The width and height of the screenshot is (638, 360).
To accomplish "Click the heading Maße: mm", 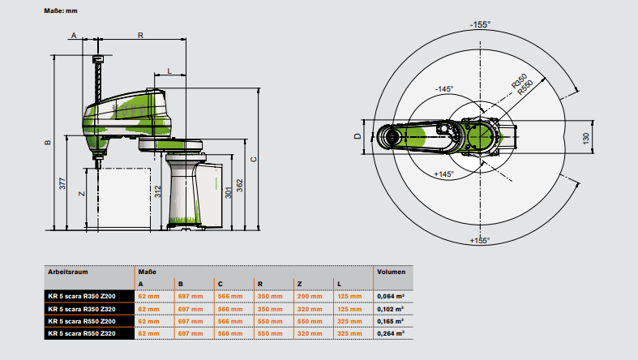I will (60, 11).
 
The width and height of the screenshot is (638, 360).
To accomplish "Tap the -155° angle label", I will (480, 25).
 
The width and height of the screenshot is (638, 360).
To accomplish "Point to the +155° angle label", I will (480, 240).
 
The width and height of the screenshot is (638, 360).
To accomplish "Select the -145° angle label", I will (444, 89).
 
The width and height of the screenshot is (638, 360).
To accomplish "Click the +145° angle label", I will (444, 174).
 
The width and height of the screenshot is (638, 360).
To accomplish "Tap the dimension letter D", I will (358, 136).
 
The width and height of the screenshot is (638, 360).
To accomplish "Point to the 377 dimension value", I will (62, 183).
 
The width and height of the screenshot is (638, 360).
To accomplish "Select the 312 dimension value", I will (159, 192).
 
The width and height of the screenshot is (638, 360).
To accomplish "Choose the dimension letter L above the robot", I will (169, 71).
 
